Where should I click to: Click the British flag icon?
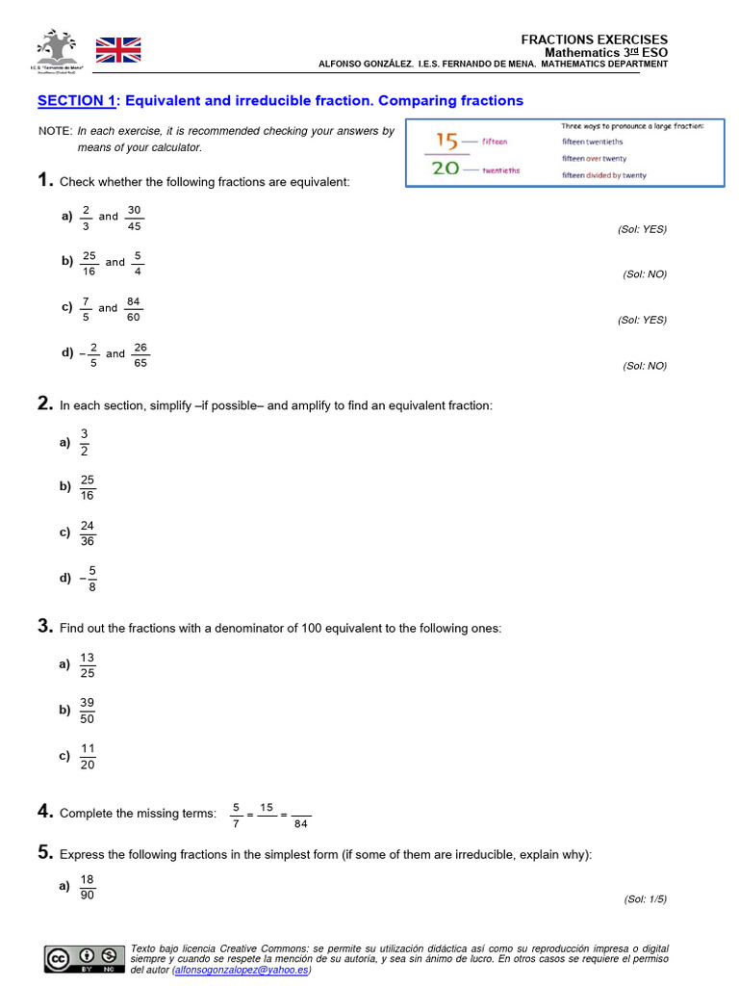pos(117,50)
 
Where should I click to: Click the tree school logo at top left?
pos(55,48)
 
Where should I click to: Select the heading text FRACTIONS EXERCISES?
pos(594,39)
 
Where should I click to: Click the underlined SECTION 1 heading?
pos(76,100)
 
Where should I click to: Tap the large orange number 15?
pos(446,141)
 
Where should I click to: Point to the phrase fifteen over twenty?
pos(594,158)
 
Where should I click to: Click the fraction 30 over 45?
pos(134,218)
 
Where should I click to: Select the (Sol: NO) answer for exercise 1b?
pos(644,274)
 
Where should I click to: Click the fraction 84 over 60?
pos(134,309)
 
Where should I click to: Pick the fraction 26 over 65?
pos(140,354)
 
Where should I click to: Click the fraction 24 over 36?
pos(88,532)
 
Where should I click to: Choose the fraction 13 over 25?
pos(88,664)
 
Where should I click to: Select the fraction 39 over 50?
pos(88,711)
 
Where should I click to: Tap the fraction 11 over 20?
pos(88,757)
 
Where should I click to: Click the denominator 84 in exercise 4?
pos(301,823)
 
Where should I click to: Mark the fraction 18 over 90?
pos(88,887)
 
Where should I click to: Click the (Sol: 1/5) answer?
pos(645,899)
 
